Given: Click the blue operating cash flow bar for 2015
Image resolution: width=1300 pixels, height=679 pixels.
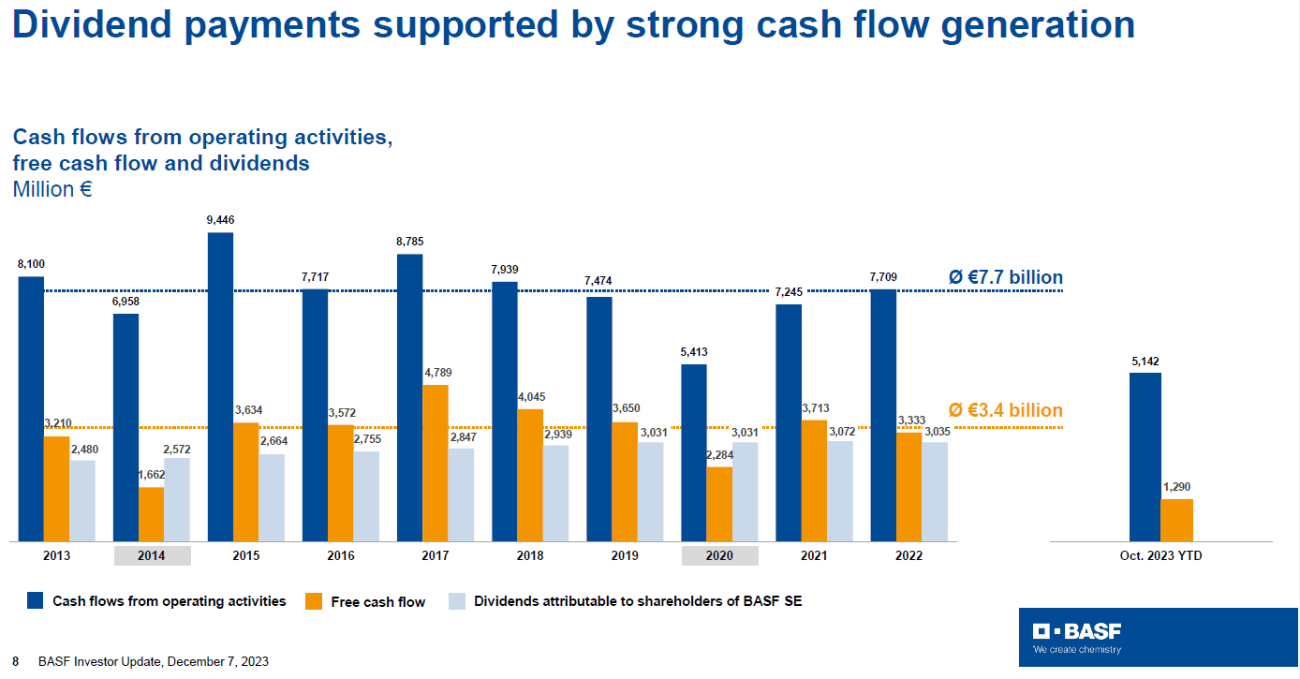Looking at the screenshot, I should [220, 386].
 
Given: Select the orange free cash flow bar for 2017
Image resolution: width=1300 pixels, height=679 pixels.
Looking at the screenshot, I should [436, 463].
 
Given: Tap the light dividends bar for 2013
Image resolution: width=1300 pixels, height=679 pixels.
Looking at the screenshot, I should [82, 500].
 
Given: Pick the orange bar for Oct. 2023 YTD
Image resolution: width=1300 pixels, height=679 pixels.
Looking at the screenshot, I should [1176, 520].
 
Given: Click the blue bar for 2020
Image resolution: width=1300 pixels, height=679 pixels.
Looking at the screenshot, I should [694, 452].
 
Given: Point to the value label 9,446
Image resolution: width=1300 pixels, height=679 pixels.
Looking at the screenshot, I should [221, 220].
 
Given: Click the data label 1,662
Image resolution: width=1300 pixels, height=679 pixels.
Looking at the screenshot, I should [151, 475].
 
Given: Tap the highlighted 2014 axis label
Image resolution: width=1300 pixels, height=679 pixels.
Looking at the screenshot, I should [152, 555].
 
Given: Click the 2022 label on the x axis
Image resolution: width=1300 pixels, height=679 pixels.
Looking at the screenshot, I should [908, 555].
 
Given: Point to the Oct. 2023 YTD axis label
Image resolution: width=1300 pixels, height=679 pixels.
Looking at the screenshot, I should [1160, 555].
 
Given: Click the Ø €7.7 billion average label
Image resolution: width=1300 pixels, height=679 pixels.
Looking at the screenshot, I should [1005, 277].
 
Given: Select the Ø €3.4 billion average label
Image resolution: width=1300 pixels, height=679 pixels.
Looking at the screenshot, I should [1005, 410].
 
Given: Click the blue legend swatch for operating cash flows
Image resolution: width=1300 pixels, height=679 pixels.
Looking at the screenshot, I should [36, 601].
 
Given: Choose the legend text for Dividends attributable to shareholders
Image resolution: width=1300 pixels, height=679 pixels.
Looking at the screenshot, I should [638, 601].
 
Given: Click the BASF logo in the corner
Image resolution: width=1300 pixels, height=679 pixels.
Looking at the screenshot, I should [1077, 637].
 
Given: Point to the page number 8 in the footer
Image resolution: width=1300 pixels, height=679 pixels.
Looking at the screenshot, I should [15, 661].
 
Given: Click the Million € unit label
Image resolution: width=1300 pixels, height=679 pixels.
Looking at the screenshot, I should [52, 189].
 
